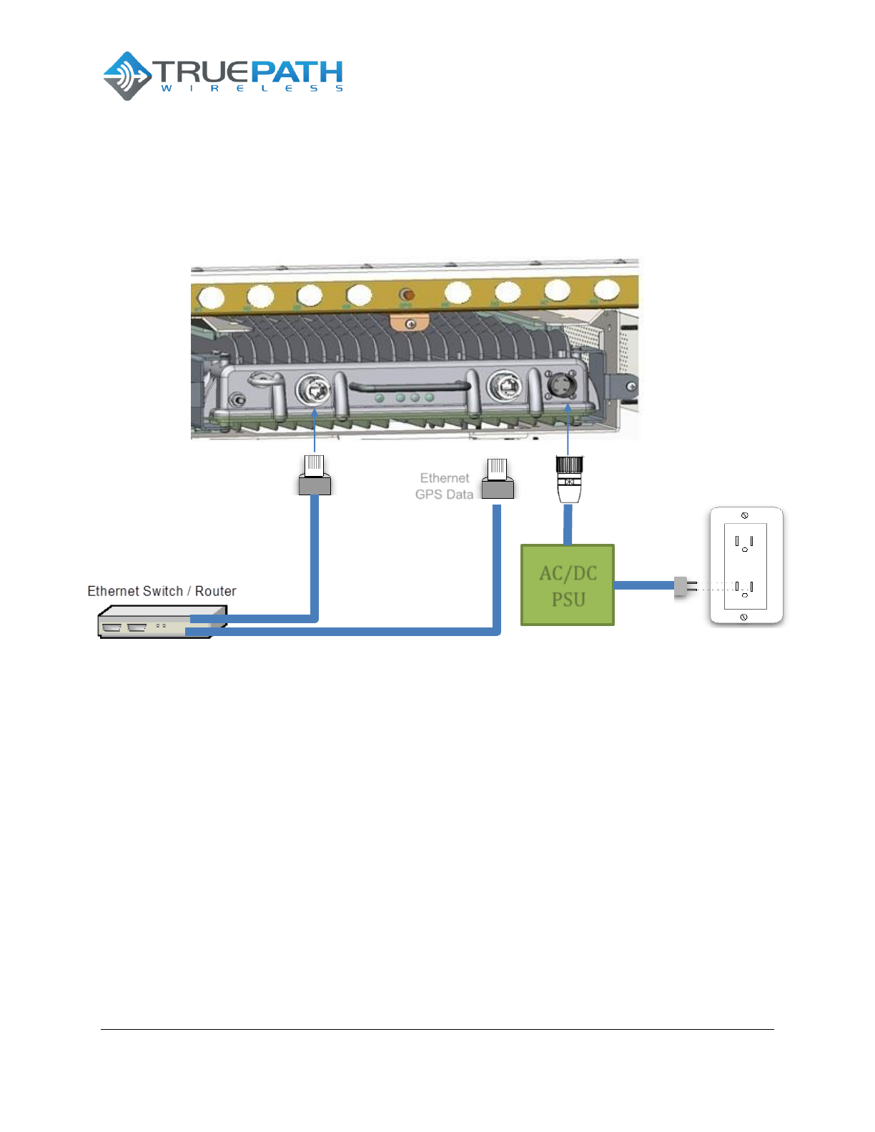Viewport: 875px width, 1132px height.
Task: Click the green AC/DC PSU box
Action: coord(568,585)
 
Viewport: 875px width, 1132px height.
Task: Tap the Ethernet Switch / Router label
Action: coord(162,591)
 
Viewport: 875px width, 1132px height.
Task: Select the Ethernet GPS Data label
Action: coord(444,486)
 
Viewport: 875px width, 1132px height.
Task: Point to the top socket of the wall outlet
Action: coord(744,543)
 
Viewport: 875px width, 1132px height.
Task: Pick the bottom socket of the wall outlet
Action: coord(744,589)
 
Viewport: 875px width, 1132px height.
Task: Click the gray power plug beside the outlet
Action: coord(683,587)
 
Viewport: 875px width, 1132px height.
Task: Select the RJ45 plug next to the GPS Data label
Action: coord(498,480)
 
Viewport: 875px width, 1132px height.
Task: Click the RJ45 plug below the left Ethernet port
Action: coord(315,475)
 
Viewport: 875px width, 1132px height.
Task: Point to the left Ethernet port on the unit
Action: coord(313,390)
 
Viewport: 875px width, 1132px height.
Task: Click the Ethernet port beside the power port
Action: coord(504,387)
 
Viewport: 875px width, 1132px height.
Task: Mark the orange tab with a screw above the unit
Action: coord(410,324)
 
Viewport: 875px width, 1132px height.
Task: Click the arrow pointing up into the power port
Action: coord(568,429)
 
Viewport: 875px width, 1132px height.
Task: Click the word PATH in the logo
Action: coord(297,71)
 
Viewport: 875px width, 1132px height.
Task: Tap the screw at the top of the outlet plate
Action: coord(745,515)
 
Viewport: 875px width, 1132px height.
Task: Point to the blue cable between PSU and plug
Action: coord(643,585)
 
